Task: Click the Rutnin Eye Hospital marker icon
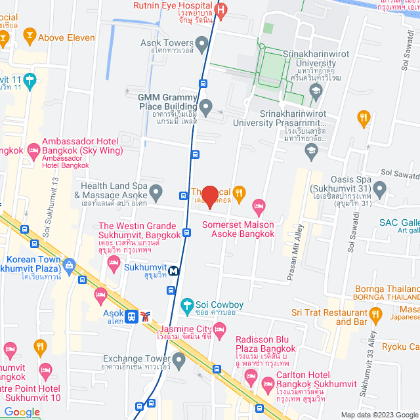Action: [x=222, y=10]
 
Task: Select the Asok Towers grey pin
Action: [x=202, y=43]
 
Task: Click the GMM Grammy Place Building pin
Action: [x=206, y=106]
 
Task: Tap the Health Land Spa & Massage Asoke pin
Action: [x=156, y=193]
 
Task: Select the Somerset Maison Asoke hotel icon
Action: [x=259, y=207]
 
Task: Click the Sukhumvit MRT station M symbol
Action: [x=174, y=270]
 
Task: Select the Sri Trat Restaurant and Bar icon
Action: [x=375, y=314]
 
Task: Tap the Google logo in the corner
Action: [x=22, y=412]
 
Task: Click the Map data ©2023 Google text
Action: [x=378, y=415]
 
